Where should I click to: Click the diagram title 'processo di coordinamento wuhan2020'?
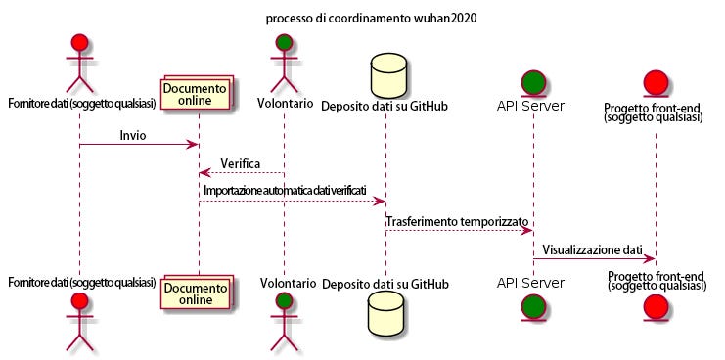(371, 19)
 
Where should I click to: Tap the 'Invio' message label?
(133, 135)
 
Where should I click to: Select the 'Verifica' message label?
(240, 163)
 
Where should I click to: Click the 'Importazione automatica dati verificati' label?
(286, 191)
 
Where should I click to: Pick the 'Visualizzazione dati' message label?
(592, 250)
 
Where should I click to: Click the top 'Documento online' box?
(197, 92)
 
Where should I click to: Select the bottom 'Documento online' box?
(197, 292)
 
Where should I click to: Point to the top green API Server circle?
(533, 85)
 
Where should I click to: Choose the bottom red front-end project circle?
(656, 307)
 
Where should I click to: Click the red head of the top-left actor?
(79, 42)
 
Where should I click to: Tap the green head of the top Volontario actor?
(284, 42)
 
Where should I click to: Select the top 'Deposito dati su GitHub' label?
(385, 106)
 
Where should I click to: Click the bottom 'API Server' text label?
(531, 283)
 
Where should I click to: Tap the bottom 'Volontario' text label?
(288, 282)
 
